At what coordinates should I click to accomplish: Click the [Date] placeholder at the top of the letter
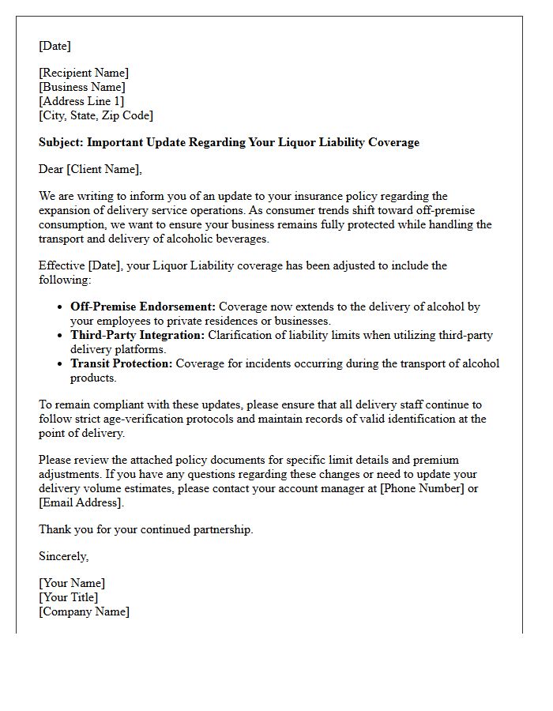(x=55, y=46)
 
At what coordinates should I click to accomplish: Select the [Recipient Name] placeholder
(x=84, y=73)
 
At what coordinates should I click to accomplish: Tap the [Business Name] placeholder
(x=82, y=87)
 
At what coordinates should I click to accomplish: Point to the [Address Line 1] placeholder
(x=81, y=101)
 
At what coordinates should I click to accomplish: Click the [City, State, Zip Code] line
(x=96, y=115)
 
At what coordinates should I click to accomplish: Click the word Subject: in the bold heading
(x=61, y=142)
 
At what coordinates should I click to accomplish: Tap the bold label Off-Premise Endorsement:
(x=143, y=307)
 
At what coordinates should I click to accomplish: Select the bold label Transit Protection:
(x=121, y=363)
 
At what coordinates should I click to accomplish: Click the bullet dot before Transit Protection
(x=61, y=364)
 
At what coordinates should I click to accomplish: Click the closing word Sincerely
(x=63, y=556)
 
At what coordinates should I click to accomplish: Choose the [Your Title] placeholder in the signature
(x=69, y=597)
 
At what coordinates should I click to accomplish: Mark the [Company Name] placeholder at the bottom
(x=84, y=611)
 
